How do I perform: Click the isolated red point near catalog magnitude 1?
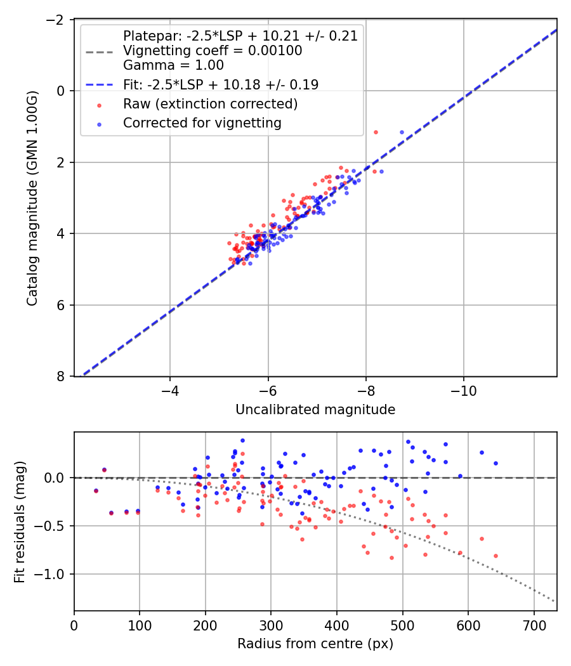[376, 132]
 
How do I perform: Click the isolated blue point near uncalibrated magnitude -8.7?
[402, 132]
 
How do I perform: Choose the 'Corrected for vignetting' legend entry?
[202, 123]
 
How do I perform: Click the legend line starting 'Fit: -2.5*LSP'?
[221, 84]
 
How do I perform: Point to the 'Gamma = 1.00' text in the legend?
[173, 65]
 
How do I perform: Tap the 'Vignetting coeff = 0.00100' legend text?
[213, 50]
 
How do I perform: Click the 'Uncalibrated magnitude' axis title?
[315, 410]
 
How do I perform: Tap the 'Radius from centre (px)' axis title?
[315, 644]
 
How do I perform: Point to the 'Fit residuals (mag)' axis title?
[20, 521]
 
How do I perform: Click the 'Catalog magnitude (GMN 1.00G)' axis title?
[32, 198]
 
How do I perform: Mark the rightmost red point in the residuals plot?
[496, 556]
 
